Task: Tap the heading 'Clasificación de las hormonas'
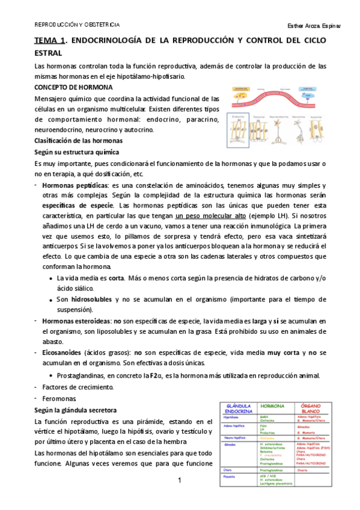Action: [x=79, y=140]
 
